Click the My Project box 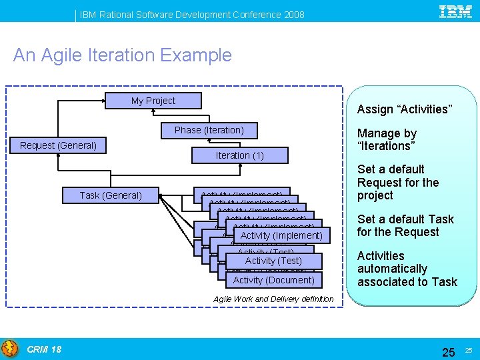point(153,101)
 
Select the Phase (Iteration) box point(209,130)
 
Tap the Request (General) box point(58,145)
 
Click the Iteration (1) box point(239,155)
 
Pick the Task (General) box point(111,195)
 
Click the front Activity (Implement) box point(281,235)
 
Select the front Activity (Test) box point(273,261)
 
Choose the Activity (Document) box point(273,280)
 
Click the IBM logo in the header point(455,11)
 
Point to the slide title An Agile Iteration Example point(123,55)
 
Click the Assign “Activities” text point(404,109)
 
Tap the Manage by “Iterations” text point(387,139)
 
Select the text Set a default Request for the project point(398,182)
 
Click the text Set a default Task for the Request point(405,225)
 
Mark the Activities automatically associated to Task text point(407,269)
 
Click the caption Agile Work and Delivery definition point(273,299)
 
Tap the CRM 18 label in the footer point(44,349)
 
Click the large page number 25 point(449,351)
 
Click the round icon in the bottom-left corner point(10,349)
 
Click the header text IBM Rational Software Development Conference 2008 point(193,14)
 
